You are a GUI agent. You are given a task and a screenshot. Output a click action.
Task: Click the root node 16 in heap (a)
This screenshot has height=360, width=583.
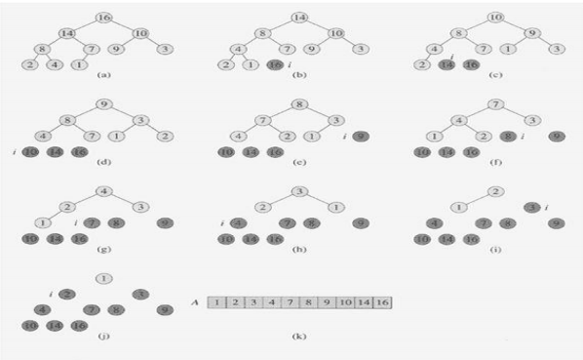[106, 18]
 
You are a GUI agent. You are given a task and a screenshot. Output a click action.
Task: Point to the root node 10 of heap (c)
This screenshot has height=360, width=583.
[494, 18]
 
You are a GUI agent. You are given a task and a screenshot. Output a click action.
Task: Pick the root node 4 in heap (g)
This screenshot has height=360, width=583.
[106, 191]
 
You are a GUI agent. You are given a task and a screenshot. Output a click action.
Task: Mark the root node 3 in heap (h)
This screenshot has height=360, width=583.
[300, 191]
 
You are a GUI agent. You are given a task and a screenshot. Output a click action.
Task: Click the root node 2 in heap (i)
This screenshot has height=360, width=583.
[494, 191]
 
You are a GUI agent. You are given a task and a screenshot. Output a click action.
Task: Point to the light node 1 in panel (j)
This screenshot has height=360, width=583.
[104, 278]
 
